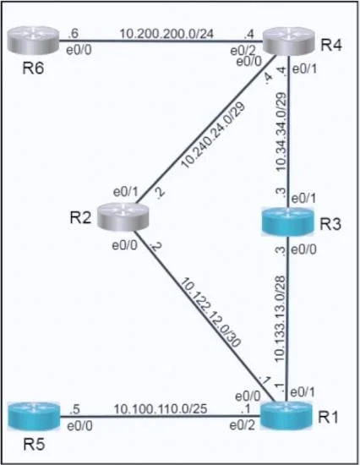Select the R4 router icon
tap(288, 41)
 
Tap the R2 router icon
tap(123, 216)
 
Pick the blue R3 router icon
tap(287, 222)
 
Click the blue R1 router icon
tap(286, 416)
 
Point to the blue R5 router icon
tap(34, 416)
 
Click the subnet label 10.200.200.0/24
tap(166, 34)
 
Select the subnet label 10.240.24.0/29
tap(214, 135)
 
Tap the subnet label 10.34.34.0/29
tap(281, 132)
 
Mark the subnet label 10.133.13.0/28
tap(281, 319)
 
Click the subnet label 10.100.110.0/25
tap(161, 409)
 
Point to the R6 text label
tap(33, 68)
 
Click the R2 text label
tap(80, 217)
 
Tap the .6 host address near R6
tap(73, 34)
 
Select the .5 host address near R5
tap(74, 409)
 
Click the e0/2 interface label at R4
tap(243, 51)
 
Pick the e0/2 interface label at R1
tap(242, 425)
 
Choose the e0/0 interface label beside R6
tap(79, 50)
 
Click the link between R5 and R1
tap(160, 417)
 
